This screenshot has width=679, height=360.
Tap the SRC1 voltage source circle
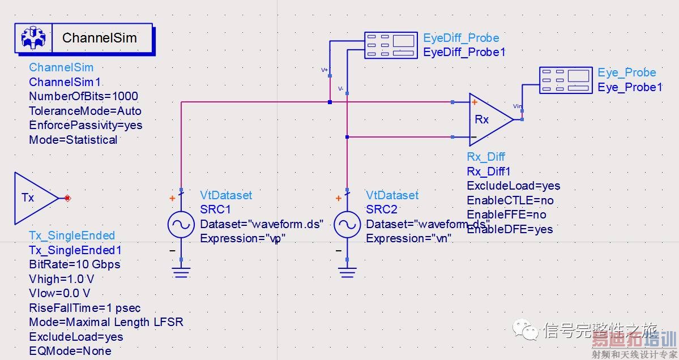181,225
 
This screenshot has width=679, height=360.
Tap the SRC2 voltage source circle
347,225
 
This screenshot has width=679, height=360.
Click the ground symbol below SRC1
181,272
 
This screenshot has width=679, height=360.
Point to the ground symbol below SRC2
347,272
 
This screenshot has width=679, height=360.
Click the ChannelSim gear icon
33,38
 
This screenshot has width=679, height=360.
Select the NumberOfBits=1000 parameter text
83,96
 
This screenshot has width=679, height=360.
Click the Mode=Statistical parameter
73,140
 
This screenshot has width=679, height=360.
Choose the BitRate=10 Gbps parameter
74,264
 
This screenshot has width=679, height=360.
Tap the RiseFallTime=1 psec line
84,308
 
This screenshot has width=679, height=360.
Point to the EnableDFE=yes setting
510,229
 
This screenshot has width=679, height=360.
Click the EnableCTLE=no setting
510,200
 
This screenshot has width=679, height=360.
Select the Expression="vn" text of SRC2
408,238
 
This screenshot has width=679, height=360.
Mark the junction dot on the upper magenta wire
330,102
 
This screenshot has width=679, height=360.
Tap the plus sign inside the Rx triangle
473,104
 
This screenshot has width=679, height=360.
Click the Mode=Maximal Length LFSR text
106,322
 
